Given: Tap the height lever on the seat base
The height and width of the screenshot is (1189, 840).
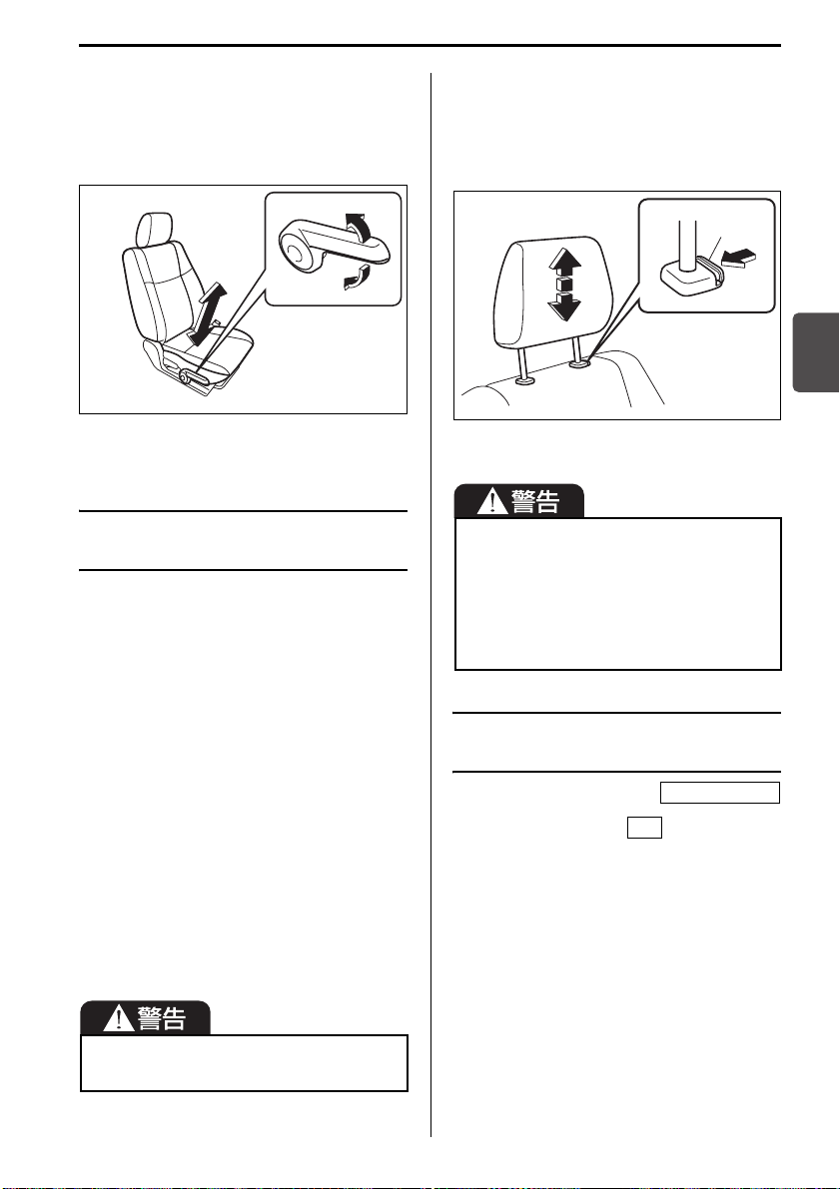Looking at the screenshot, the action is point(194,376).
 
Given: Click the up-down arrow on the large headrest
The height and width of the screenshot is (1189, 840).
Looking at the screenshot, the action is point(563,285).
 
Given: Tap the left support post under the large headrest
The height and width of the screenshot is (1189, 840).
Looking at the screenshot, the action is point(523,365).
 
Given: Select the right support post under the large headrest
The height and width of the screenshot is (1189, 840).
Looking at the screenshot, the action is point(579,354).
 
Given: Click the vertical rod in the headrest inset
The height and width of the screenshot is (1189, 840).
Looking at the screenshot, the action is point(687,243).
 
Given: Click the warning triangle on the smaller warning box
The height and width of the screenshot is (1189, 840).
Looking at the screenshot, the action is point(119,1017).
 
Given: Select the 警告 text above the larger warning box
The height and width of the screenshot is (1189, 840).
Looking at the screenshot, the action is point(535,501).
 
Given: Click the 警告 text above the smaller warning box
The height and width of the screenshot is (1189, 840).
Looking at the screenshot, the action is point(162,1017).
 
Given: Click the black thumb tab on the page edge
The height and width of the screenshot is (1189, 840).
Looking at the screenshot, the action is point(816,351).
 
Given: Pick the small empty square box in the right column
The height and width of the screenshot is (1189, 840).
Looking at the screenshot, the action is point(644,828).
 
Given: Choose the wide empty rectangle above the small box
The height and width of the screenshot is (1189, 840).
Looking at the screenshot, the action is point(719,793).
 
